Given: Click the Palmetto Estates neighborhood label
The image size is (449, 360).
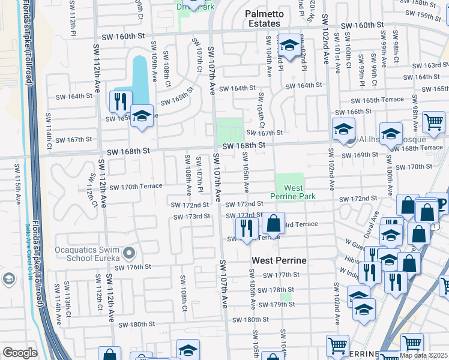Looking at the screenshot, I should tap(262, 19).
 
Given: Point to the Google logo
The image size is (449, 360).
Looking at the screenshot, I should tap(20, 353).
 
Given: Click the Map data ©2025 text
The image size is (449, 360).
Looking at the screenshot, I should tap(423, 355).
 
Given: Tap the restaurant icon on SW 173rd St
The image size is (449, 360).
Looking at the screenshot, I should tap(246, 227).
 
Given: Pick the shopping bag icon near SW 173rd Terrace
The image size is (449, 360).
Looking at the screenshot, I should tap(273, 223).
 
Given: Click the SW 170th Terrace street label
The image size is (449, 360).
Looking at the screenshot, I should tap(136, 187).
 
